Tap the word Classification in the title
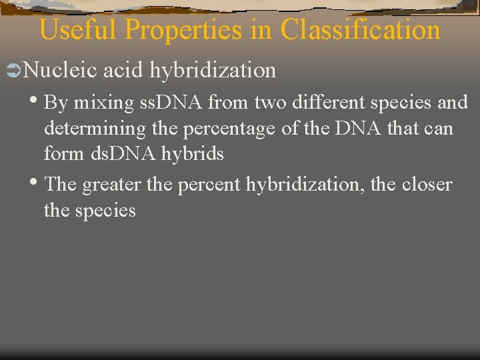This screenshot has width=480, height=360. [361, 31]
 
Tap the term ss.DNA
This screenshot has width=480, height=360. [173, 103]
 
